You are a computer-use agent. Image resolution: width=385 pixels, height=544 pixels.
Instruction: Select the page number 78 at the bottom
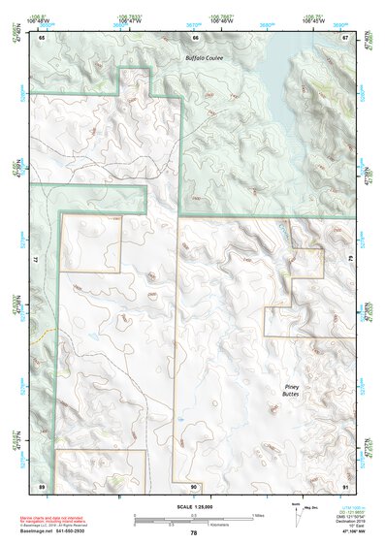coord(193,533)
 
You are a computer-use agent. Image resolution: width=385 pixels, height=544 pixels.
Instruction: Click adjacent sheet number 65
coord(42,38)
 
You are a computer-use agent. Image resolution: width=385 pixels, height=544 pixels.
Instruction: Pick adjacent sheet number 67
coord(346,38)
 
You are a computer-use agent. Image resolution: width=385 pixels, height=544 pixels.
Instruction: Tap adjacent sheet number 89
coord(42,485)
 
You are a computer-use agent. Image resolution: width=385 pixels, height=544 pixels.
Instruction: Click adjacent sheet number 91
coord(346,485)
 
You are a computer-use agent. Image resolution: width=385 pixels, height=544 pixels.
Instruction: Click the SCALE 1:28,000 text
coord(192,507)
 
